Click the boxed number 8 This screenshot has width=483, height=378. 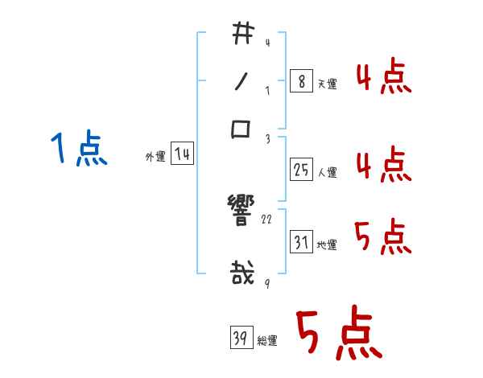pyautogui.click(x=299, y=82)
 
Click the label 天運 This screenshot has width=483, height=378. pyautogui.click(x=327, y=84)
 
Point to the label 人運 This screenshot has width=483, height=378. pyautogui.click(x=327, y=171)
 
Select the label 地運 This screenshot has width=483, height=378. pyautogui.click(x=327, y=244)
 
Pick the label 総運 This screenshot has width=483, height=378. pyautogui.click(x=267, y=340)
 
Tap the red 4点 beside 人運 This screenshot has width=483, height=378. pyautogui.click(x=383, y=165)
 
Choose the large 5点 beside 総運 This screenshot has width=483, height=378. pyautogui.click(x=338, y=334)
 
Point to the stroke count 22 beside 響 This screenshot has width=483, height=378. pyautogui.click(x=267, y=219)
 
